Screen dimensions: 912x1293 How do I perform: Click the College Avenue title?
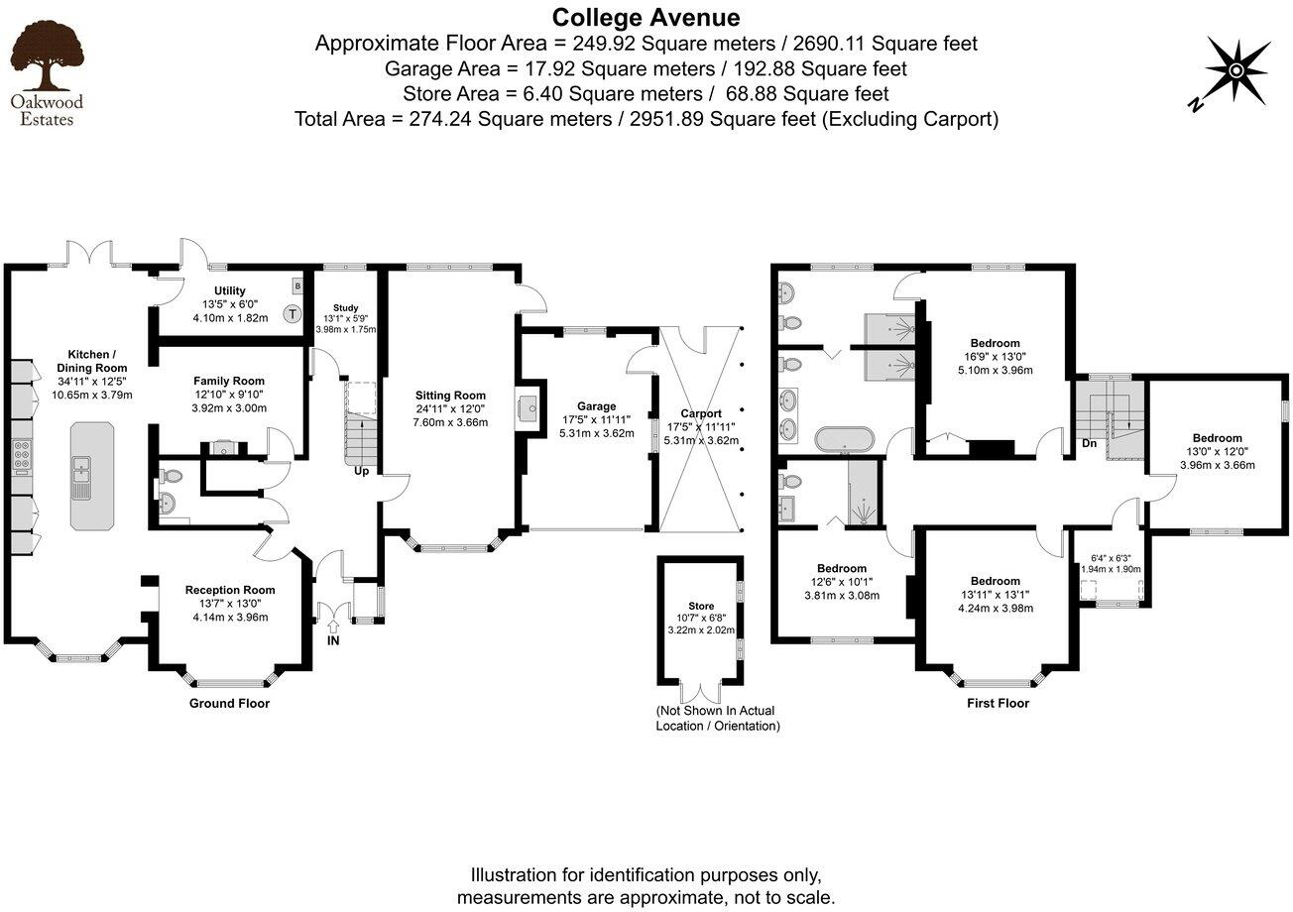pyautogui.click(x=646, y=17)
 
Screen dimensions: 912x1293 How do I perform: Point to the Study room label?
pyautogui.click(x=345, y=307)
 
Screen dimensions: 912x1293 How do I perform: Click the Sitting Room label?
pyautogui.click(x=450, y=395)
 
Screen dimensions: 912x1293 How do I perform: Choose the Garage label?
pyautogui.click(x=597, y=406)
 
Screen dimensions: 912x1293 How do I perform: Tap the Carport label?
pyautogui.click(x=701, y=413)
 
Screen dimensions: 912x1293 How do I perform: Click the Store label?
pyautogui.click(x=701, y=606)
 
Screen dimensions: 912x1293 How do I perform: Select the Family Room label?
pyautogui.click(x=229, y=381)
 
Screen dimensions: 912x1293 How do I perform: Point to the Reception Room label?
pyautogui.click(x=230, y=590)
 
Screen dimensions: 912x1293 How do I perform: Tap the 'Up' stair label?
pyautogui.click(x=362, y=471)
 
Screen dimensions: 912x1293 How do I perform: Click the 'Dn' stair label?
pyautogui.click(x=1089, y=443)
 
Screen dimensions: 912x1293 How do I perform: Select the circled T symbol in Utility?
pyautogui.click(x=292, y=314)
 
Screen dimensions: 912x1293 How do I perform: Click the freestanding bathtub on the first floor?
pyautogui.click(x=845, y=438)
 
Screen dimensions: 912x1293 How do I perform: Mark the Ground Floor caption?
pyautogui.click(x=229, y=703)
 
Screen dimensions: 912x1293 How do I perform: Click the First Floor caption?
pyautogui.click(x=998, y=703)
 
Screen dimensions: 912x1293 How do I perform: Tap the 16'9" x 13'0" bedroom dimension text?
pyautogui.click(x=995, y=358)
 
